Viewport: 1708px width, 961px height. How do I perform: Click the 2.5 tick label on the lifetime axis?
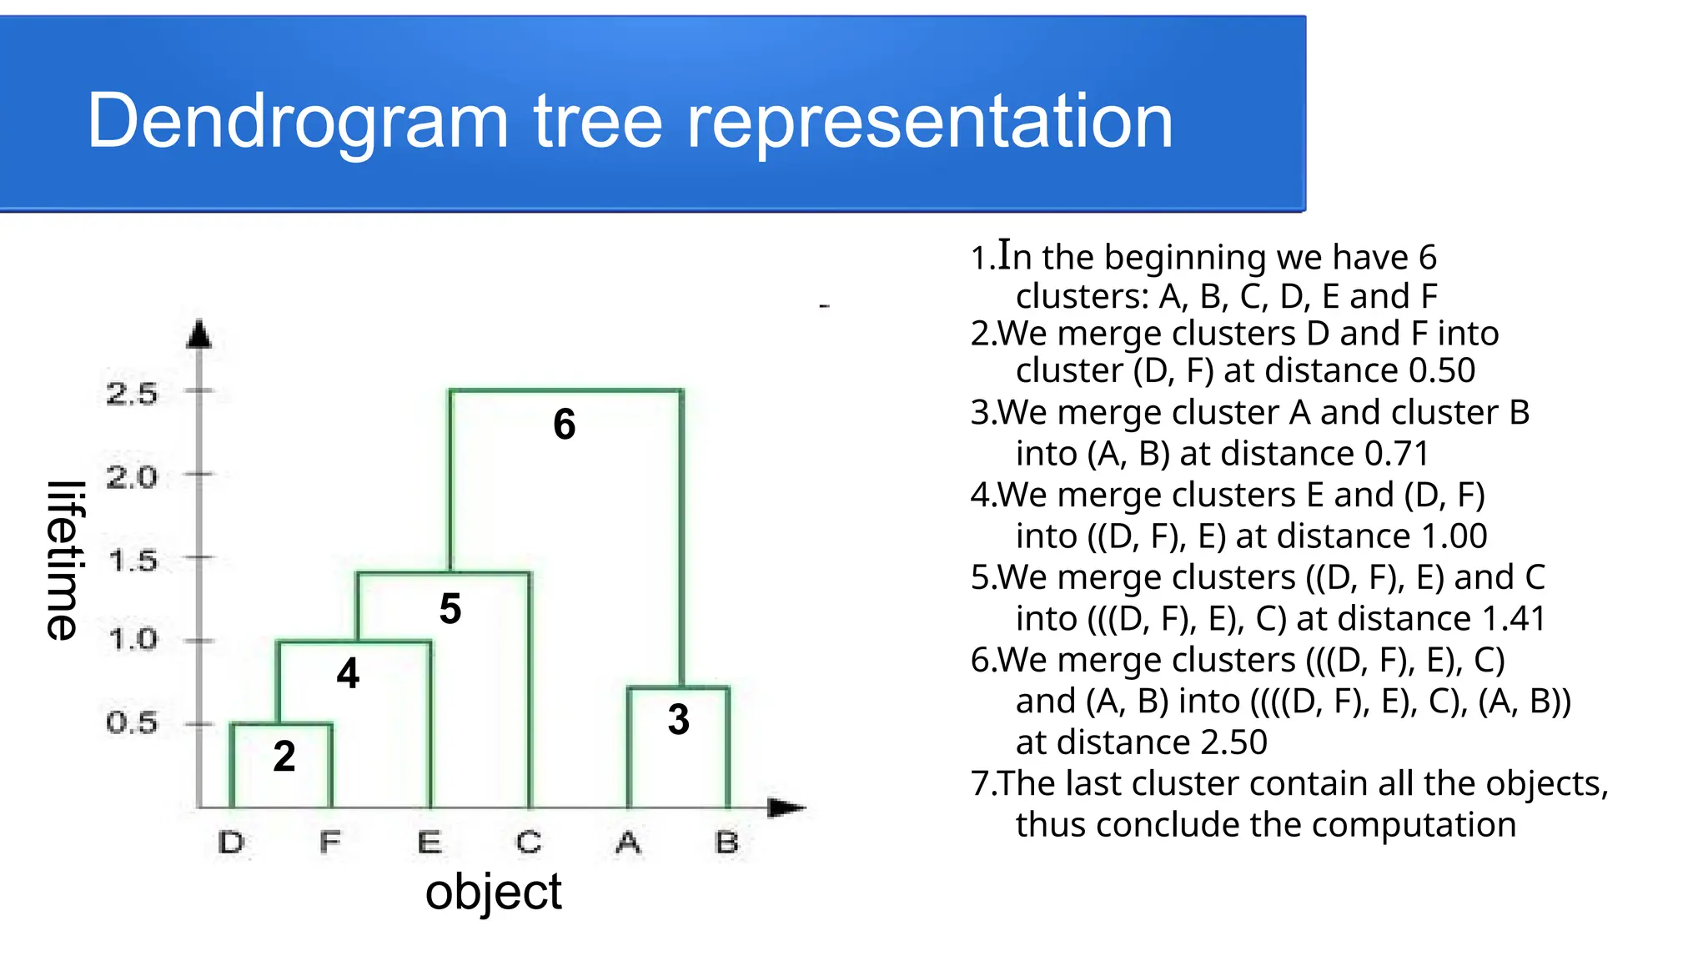132,393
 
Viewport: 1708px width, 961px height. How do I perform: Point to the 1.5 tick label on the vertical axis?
133,561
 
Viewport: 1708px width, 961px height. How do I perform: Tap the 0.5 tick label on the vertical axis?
132,722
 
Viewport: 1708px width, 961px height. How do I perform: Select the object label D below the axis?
231,843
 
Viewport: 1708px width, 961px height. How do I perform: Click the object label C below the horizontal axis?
528,843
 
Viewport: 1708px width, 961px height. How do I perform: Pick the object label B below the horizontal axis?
727,843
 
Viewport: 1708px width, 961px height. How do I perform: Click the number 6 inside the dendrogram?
565,425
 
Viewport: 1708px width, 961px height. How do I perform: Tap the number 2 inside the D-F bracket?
284,757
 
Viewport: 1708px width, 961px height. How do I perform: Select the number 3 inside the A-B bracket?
679,720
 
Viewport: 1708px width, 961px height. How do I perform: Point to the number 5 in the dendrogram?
450,609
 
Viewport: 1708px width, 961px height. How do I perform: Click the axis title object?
493,893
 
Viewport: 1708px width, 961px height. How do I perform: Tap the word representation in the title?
929,122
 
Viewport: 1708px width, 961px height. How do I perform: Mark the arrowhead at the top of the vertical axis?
198,335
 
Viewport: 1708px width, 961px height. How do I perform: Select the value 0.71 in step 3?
1397,454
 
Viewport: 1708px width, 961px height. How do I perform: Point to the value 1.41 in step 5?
1514,619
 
